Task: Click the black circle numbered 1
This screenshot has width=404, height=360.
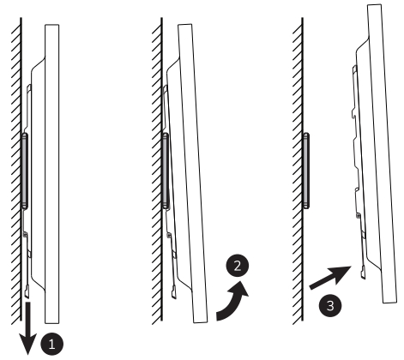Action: [x=54, y=344]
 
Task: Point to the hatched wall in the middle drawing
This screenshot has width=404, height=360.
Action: [x=154, y=171]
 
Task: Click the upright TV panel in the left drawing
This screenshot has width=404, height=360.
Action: [x=51, y=171]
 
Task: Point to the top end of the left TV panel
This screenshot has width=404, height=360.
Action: [x=51, y=29]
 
